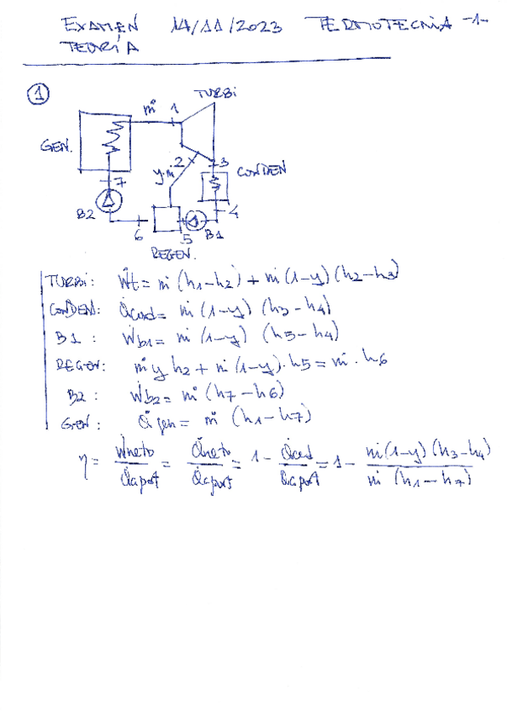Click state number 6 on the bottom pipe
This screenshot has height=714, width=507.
point(137,237)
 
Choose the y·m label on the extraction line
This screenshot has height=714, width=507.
point(162,175)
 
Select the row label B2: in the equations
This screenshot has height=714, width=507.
point(80,393)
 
